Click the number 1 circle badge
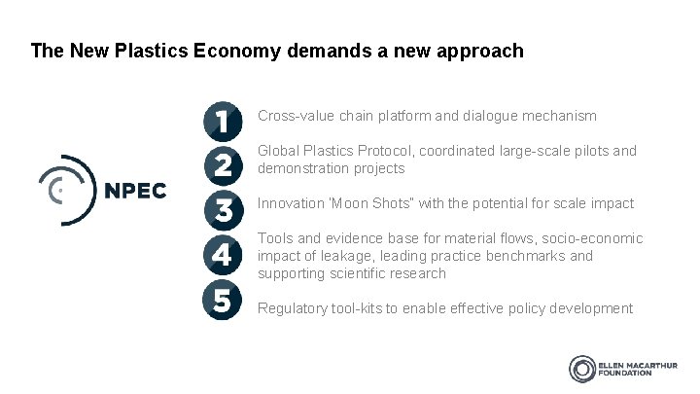(x=223, y=122)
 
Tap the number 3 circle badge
(x=223, y=209)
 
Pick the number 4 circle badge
(x=223, y=254)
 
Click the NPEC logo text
(x=135, y=191)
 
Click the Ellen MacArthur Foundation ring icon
(x=583, y=369)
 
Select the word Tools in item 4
(x=275, y=238)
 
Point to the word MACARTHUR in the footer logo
(x=649, y=364)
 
